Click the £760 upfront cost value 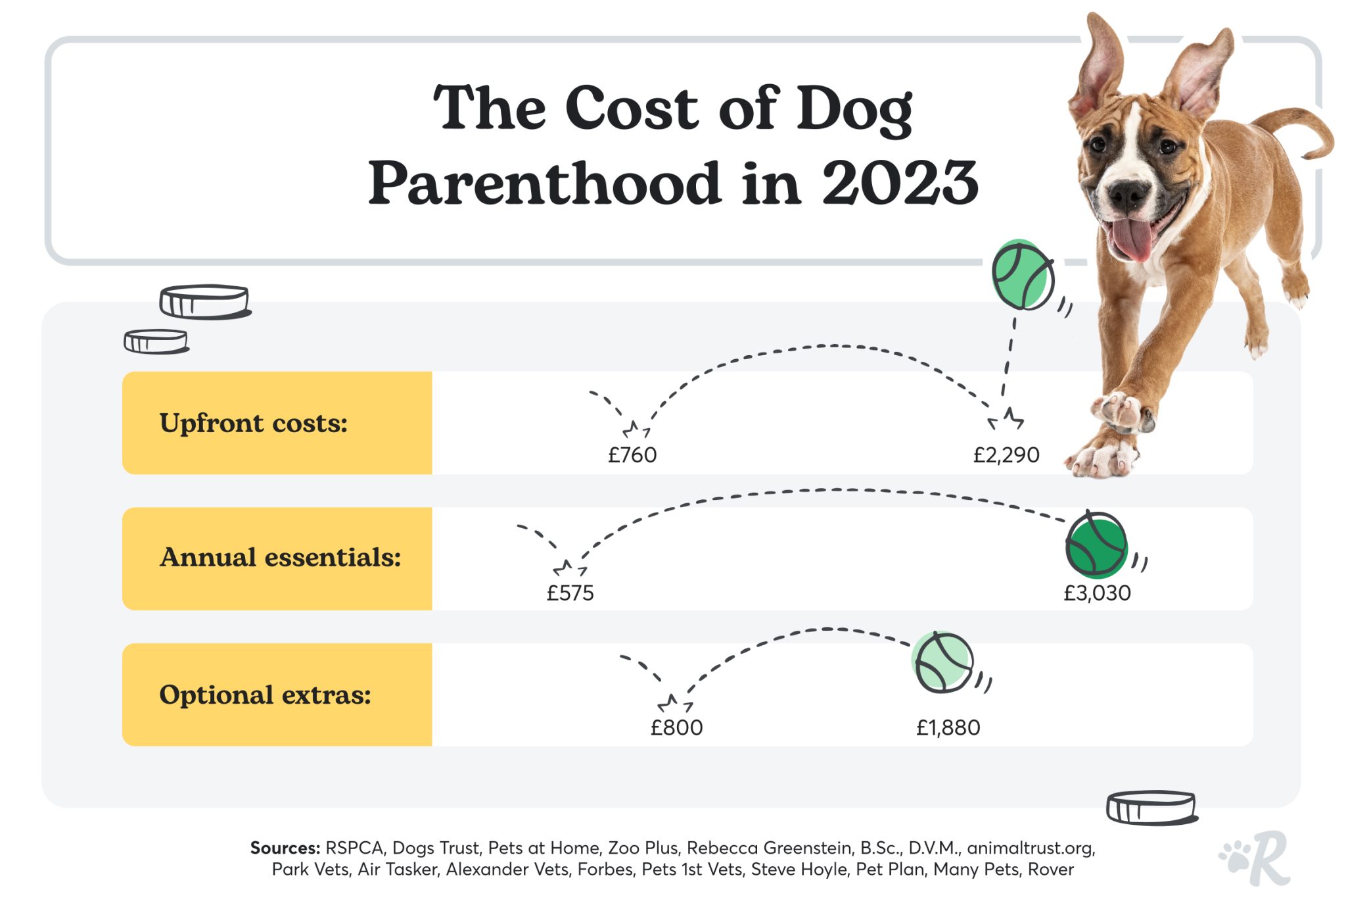coord(632,455)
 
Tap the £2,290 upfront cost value coord(1006,455)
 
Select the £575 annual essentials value coord(570,593)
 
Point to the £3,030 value coord(1097,593)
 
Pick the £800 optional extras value coord(676,728)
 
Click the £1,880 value coord(948,728)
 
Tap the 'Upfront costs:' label coord(253,423)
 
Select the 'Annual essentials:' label coord(280,558)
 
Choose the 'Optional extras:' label coord(265,695)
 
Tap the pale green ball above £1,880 coord(943,662)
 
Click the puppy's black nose coord(1128,193)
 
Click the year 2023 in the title coord(900,183)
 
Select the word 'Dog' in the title coord(854,109)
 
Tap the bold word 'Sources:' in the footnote coord(285,848)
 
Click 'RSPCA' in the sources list coord(354,848)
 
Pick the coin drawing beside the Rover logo coord(1151,808)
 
